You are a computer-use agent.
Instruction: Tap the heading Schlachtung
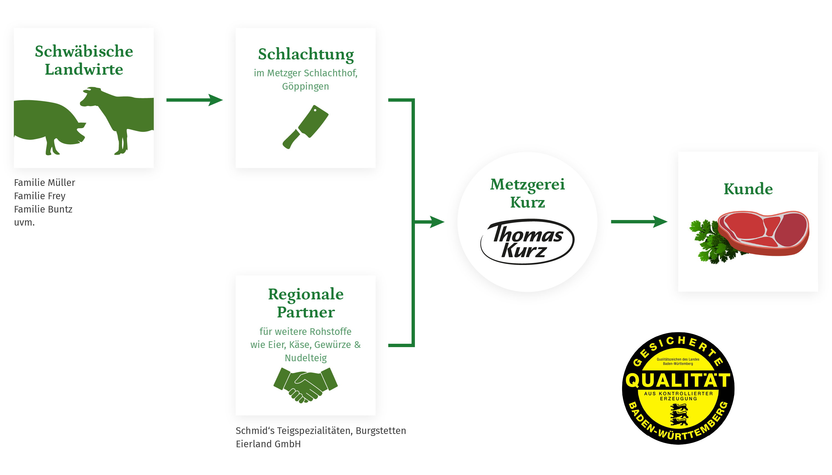pyautogui.click(x=305, y=54)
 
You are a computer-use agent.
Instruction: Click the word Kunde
pyautogui.click(x=748, y=189)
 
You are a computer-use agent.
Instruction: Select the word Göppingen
pyautogui.click(x=305, y=87)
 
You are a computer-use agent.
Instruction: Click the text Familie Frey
pyautogui.click(x=40, y=196)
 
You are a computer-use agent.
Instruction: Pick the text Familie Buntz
pyautogui.click(x=43, y=209)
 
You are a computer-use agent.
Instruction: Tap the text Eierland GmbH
pyautogui.click(x=268, y=444)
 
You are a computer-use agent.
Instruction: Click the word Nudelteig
pyautogui.click(x=305, y=358)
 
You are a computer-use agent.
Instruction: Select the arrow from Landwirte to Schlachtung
pyautogui.click(x=194, y=100)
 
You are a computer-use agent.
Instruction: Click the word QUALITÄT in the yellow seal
pyautogui.click(x=678, y=380)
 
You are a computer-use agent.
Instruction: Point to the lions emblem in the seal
pyautogui.click(x=679, y=415)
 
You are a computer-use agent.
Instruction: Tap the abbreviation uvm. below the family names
pyautogui.click(x=24, y=223)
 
